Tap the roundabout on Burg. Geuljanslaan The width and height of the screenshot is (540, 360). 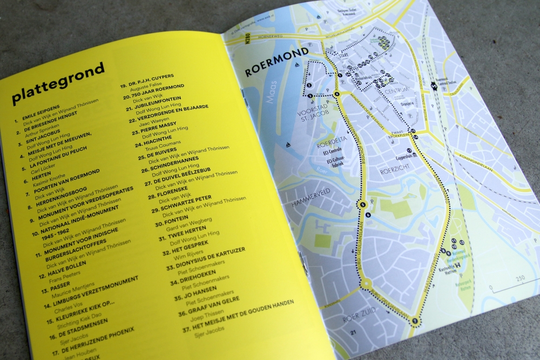coord(366,284)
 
